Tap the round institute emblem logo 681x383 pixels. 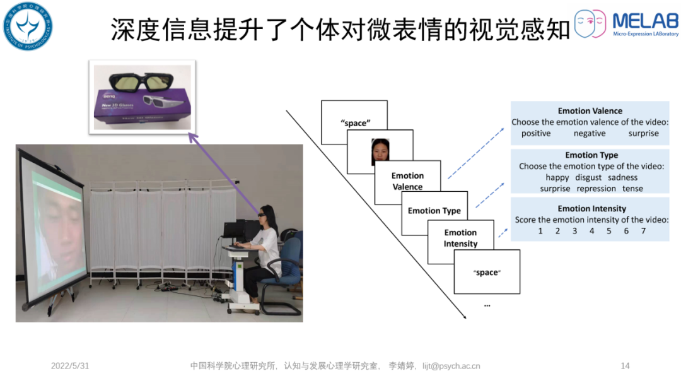(26, 27)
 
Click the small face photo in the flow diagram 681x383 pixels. (380, 152)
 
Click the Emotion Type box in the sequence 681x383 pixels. (434, 211)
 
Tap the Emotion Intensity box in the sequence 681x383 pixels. (460, 239)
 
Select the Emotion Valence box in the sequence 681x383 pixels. (407, 181)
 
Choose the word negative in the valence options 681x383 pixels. (590, 133)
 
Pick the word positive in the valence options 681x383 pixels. (536, 133)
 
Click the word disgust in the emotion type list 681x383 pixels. (588, 177)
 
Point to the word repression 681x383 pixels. (596, 189)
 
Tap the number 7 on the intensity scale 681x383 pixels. (643, 231)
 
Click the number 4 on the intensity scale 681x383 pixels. (591, 231)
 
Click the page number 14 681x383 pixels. (626, 366)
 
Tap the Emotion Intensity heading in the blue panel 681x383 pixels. (591, 209)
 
